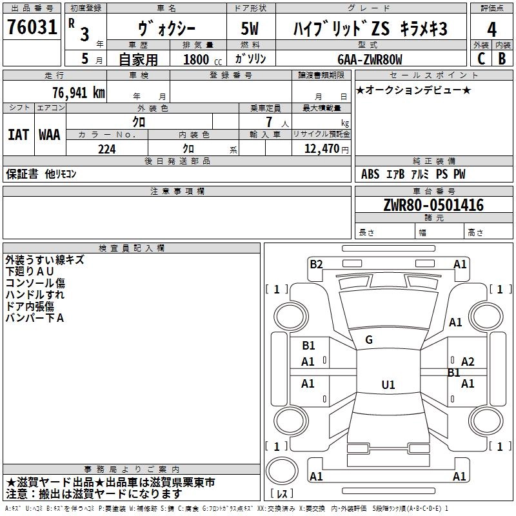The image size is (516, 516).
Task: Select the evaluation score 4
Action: coord(491,30)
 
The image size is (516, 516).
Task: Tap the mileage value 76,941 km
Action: coord(78,92)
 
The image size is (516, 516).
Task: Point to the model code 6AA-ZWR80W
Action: coord(370,59)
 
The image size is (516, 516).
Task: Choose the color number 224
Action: coord(106,149)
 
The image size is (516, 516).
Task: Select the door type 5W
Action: coord(250,29)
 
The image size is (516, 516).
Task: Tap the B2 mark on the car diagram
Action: coord(316,264)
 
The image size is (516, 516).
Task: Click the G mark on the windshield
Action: coord(369,340)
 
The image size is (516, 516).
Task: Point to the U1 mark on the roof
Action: coord(388,385)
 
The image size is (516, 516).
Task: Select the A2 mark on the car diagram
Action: coord(468,362)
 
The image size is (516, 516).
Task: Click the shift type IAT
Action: coord(18,134)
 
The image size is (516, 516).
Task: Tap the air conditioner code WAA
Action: coord(50,134)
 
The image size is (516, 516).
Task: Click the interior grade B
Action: coord(502,59)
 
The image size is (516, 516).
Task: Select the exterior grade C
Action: coord(481,59)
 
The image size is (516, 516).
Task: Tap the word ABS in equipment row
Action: coord(370,174)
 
